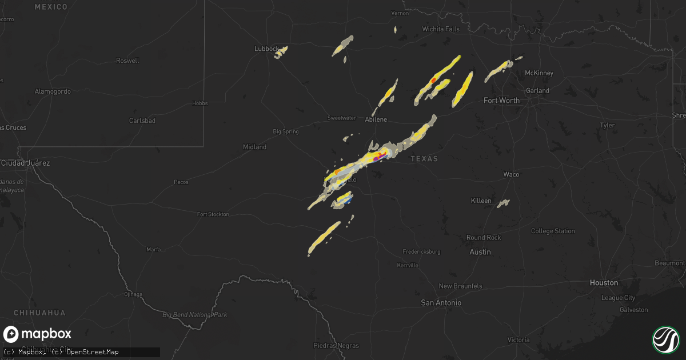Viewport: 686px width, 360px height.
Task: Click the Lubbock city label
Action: click(266, 49)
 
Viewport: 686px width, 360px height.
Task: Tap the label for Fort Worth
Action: click(501, 101)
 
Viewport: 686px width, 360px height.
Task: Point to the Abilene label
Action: click(376, 119)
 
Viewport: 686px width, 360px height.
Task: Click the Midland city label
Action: click(254, 147)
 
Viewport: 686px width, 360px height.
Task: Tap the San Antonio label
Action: click(441, 303)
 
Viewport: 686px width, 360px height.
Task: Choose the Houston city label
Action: click(604, 283)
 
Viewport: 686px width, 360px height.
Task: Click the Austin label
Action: click(480, 252)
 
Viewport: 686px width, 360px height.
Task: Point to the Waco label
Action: click(511, 174)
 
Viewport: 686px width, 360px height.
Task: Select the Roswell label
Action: click(127, 61)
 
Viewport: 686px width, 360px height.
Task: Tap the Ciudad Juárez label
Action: click(25, 163)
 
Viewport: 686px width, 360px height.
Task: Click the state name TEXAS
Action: click(424, 159)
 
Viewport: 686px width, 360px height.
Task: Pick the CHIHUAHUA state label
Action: click(39, 313)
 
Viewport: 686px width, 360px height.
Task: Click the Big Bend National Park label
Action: click(194, 315)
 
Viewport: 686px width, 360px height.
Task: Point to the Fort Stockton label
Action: click(213, 214)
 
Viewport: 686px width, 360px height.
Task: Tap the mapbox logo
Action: click(37, 334)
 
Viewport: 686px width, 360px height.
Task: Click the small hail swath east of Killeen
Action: click(503, 203)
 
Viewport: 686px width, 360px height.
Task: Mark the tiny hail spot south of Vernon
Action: click(395, 29)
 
